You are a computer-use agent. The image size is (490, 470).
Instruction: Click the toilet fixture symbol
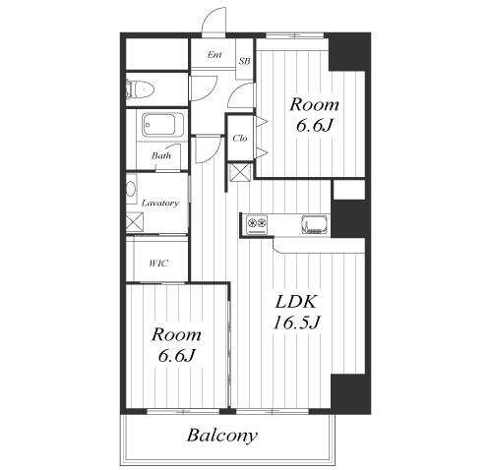140,89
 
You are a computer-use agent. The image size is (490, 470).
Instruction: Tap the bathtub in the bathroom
162,125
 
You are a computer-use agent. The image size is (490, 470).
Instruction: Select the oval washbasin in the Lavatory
131,190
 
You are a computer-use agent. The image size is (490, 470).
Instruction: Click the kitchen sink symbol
315,225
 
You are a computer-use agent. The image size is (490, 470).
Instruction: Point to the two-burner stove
257,225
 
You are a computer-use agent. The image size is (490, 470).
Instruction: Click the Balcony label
222,436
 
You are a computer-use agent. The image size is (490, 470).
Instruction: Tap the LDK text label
296,302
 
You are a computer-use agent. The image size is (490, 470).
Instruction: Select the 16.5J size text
296,323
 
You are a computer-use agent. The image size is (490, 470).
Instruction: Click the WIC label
158,264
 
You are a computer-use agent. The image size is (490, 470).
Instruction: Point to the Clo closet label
240,139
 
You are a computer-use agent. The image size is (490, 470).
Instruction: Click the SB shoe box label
244,61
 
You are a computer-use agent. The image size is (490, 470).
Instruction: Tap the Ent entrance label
214,55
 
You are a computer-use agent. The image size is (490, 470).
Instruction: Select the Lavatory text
160,204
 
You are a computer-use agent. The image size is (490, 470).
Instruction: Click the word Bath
161,155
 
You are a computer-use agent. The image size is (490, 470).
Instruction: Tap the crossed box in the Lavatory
135,221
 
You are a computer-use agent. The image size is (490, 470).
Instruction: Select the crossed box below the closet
240,172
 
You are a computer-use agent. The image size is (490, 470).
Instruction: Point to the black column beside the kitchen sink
348,218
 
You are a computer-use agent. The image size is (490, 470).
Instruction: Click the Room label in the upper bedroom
314,105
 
